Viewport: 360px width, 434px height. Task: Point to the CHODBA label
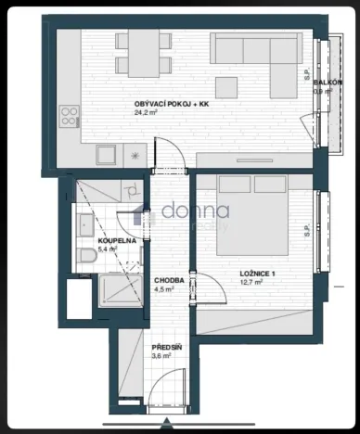[169, 280]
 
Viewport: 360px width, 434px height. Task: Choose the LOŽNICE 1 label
[258, 273]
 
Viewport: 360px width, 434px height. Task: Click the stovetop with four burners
[70, 117]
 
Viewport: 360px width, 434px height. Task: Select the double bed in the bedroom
[251, 216]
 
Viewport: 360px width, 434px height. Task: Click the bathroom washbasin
[83, 223]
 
